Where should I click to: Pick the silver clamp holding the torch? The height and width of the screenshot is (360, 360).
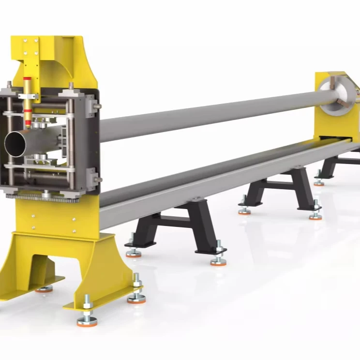click(x=29, y=96)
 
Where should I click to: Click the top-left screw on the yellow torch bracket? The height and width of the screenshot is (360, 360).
click(x=23, y=41)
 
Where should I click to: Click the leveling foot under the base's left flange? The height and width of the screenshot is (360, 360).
click(x=44, y=288)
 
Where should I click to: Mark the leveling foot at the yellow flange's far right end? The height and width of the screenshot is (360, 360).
click(x=136, y=298)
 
